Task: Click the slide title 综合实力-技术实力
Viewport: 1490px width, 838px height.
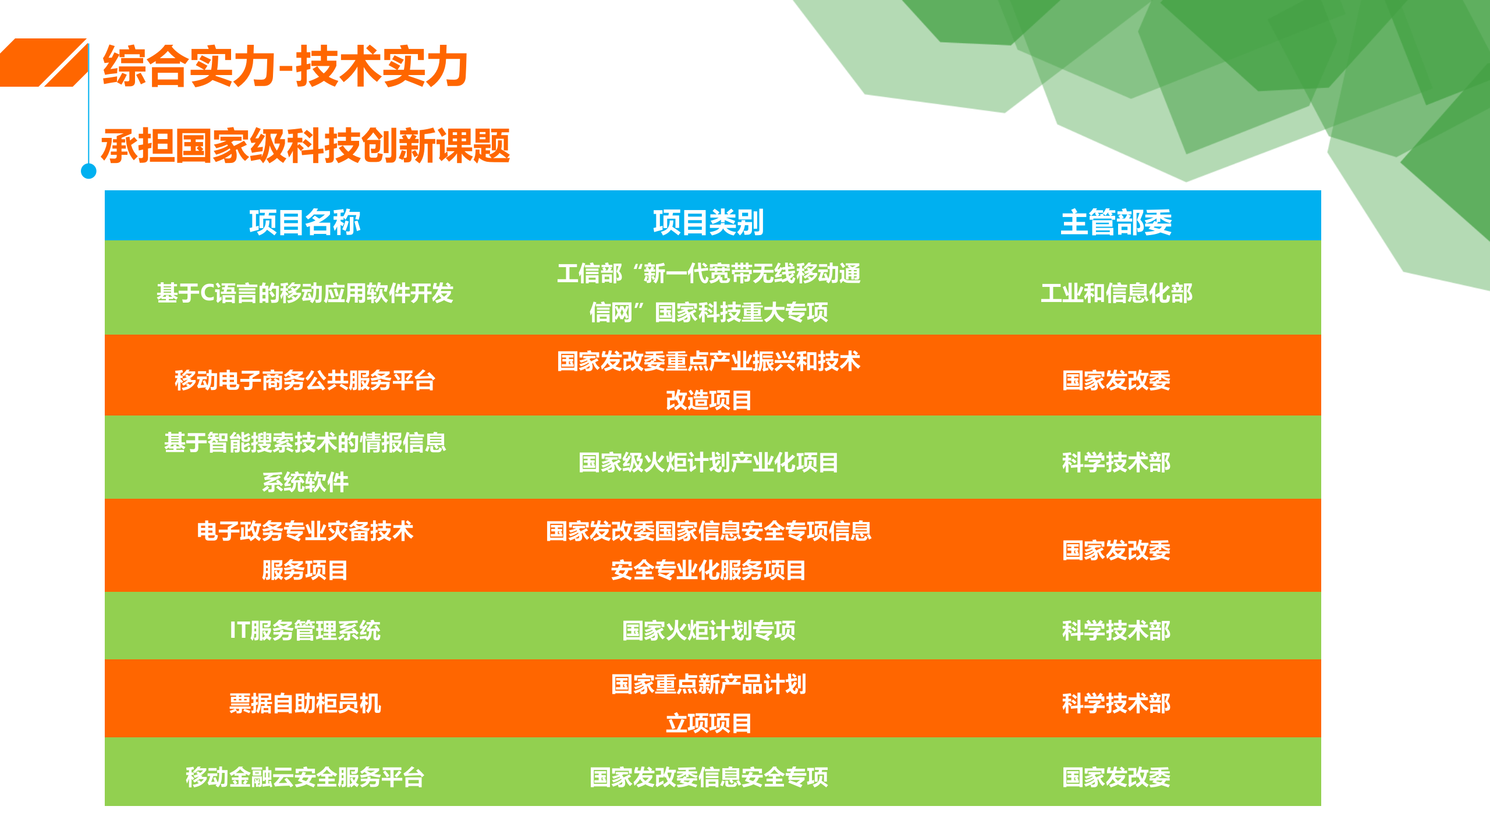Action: pyautogui.click(x=285, y=67)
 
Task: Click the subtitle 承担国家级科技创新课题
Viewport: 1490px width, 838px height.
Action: pyautogui.click(x=306, y=146)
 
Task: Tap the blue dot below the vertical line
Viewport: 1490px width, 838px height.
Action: pyautogui.click(x=88, y=171)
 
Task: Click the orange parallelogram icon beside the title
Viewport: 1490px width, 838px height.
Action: pyautogui.click(x=44, y=63)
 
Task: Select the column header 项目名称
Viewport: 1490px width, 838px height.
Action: pyautogui.click(x=305, y=222)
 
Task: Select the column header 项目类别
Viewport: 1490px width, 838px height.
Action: pyautogui.click(x=708, y=222)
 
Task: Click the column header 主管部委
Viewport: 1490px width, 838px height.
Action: pyautogui.click(x=1116, y=222)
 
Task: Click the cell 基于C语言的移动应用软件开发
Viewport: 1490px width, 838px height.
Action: pyautogui.click(x=305, y=293)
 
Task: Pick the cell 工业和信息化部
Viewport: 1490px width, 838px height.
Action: pyautogui.click(x=1116, y=293)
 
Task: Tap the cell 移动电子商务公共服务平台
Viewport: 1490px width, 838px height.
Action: pyautogui.click(x=305, y=380)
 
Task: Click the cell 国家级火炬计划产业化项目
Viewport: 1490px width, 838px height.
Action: pyautogui.click(x=708, y=463)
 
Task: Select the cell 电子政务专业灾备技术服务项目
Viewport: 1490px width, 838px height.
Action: pyautogui.click(x=305, y=550)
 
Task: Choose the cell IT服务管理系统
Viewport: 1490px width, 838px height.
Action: pyautogui.click(x=305, y=630)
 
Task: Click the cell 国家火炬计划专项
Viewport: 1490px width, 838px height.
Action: pyautogui.click(x=708, y=630)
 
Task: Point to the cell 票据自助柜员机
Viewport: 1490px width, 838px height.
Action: pyautogui.click(x=305, y=703)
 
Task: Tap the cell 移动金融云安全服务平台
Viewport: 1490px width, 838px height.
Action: pyautogui.click(x=305, y=777)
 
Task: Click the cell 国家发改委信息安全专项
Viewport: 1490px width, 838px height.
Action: pyautogui.click(x=708, y=777)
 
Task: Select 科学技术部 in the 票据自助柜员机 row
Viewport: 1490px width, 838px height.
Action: pyautogui.click(x=1116, y=703)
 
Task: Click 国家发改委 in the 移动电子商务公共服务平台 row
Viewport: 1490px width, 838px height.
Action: pyautogui.click(x=1116, y=380)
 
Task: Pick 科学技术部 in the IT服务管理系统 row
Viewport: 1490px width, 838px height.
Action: pyautogui.click(x=1116, y=630)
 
